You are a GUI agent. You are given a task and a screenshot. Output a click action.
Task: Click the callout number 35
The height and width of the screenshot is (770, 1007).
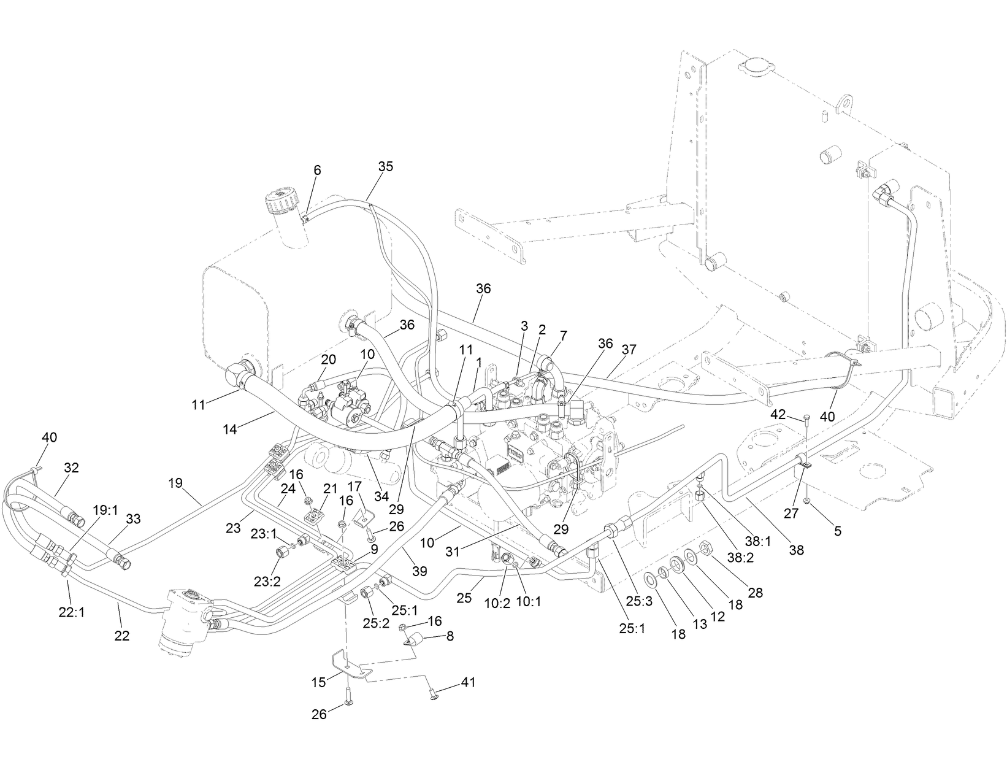tap(386, 167)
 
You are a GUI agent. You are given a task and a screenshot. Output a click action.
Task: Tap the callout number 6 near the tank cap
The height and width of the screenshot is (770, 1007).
tap(317, 170)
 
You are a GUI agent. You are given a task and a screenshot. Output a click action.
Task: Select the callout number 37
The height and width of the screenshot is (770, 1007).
tap(629, 350)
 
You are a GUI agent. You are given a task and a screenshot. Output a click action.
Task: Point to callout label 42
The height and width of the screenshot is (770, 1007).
tap(778, 414)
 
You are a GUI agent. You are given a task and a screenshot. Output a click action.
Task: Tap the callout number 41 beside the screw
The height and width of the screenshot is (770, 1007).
tap(468, 682)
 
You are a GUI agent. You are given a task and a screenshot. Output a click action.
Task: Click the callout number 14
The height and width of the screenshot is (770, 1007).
tap(229, 429)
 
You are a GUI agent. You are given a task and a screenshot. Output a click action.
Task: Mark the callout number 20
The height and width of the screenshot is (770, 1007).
tap(329, 359)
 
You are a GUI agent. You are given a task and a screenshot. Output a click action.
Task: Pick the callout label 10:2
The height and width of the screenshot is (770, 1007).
tap(497, 603)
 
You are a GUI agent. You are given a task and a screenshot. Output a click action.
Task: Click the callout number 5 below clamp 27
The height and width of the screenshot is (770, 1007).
tap(837, 531)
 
